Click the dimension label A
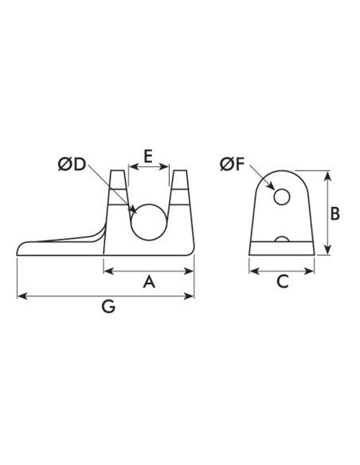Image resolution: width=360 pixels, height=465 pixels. click(148, 283)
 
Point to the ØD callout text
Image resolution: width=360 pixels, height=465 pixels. click(72, 166)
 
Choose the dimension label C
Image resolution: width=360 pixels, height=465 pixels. click(281, 281)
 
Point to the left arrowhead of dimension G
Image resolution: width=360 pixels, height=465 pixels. click(22, 297)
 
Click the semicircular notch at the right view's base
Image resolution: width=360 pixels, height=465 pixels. click(282, 239)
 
